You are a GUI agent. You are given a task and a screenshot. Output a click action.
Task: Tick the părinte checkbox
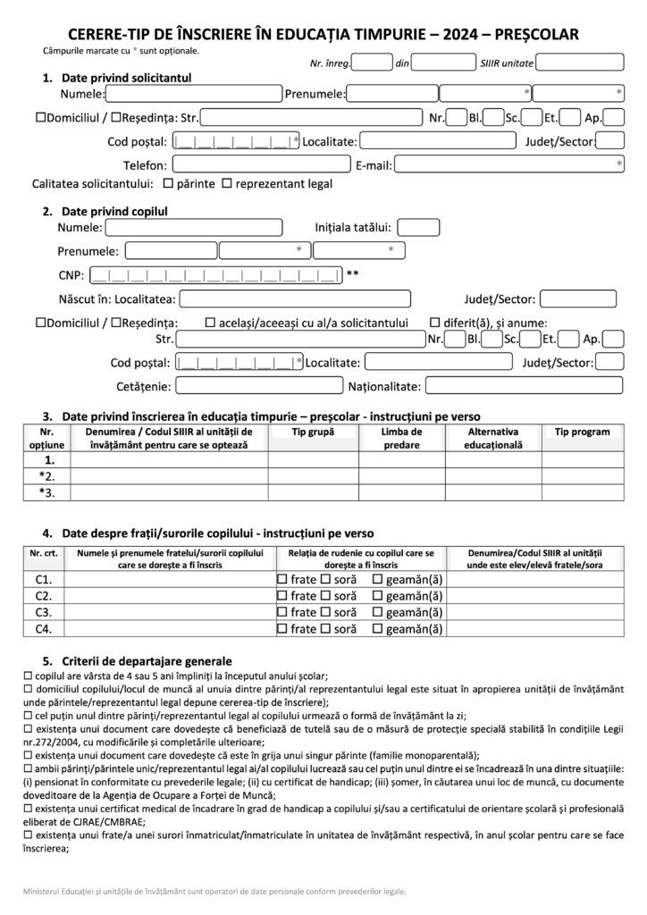[x=168, y=184]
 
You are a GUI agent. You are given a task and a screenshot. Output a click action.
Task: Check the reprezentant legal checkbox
[x=226, y=184]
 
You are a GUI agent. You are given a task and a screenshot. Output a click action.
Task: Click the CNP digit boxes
[x=215, y=274]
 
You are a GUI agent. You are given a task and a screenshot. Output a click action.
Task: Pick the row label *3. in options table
[x=46, y=492]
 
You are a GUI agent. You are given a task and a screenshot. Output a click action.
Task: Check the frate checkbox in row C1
[x=283, y=580]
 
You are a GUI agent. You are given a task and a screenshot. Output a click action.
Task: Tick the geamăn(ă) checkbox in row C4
[x=377, y=629]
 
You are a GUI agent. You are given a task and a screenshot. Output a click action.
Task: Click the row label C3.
[x=43, y=612]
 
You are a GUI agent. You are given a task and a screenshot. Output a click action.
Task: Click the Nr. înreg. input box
[x=373, y=63]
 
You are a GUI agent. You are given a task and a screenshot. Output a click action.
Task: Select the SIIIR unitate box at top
[x=581, y=63]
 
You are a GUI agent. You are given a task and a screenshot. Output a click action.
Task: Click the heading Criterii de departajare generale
[x=134, y=660]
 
